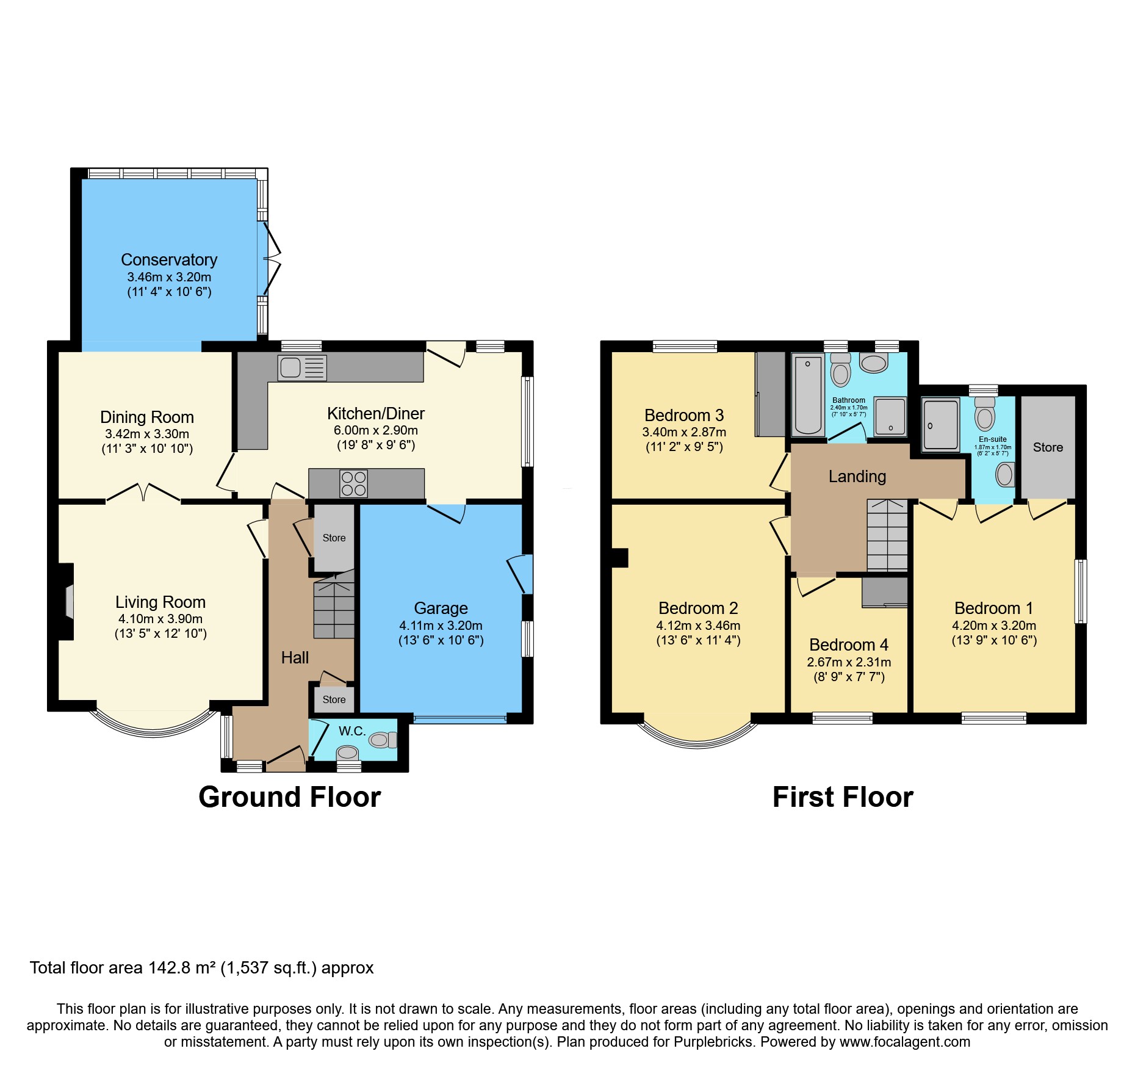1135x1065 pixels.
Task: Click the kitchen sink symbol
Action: pos(301,368)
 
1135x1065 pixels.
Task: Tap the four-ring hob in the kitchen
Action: pos(354,483)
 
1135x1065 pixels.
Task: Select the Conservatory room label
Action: pos(169,260)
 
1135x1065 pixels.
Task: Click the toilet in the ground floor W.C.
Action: pos(381,740)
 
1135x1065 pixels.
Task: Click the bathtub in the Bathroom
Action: pos(808,395)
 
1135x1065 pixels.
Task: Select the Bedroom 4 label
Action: pos(848,645)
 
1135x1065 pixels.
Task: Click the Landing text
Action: pos(857,477)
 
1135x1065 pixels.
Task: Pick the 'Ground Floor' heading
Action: pos(289,797)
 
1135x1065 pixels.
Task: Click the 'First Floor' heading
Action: pos(842,797)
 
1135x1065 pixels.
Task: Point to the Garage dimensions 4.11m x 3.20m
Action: pos(441,626)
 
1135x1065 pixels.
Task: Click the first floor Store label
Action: pos(1048,447)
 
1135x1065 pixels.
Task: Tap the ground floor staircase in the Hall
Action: pos(334,608)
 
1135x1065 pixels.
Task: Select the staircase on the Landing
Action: pos(887,536)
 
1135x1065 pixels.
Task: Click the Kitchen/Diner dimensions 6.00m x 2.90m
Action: pos(375,430)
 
